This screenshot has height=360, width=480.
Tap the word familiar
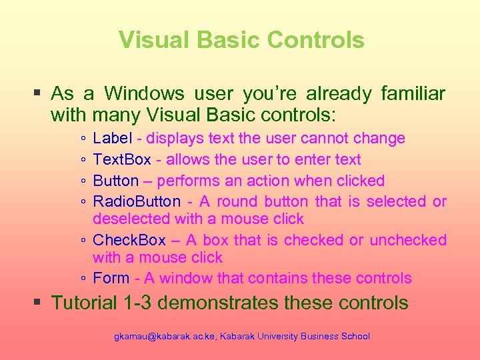click(x=413, y=93)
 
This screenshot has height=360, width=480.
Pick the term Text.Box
click(x=122, y=160)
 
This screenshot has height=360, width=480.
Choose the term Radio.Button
click(x=137, y=201)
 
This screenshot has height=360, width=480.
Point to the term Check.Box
click(x=129, y=240)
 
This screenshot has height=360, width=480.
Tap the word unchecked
click(x=408, y=240)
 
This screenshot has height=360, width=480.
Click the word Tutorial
click(x=85, y=303)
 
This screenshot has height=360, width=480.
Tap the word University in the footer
click(x=274, y=337)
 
